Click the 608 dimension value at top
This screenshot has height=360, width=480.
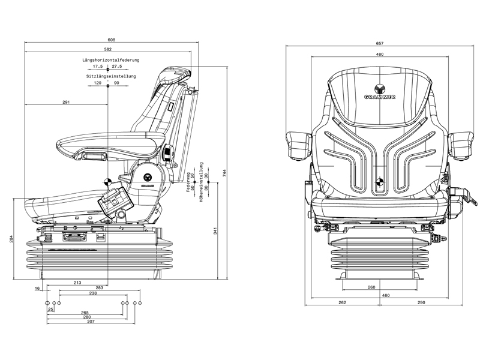tap(112, 40)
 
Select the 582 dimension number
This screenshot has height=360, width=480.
tap(107, 49)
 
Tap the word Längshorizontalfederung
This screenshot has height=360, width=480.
tap(111, 61)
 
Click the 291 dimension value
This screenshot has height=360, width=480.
tap(66, 102)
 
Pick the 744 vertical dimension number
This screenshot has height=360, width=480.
tap(224, 173)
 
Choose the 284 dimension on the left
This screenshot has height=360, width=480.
tap(12, 239)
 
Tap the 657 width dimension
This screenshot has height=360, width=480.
tap(380, 43)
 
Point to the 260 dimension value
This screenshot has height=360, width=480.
tap(371, 287)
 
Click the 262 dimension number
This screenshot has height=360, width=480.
tap(343, 302)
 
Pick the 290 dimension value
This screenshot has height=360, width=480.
tap(421, 302)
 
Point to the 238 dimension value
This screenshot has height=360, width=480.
tap(93, 293)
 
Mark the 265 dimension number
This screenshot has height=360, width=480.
tap(85, 313)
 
